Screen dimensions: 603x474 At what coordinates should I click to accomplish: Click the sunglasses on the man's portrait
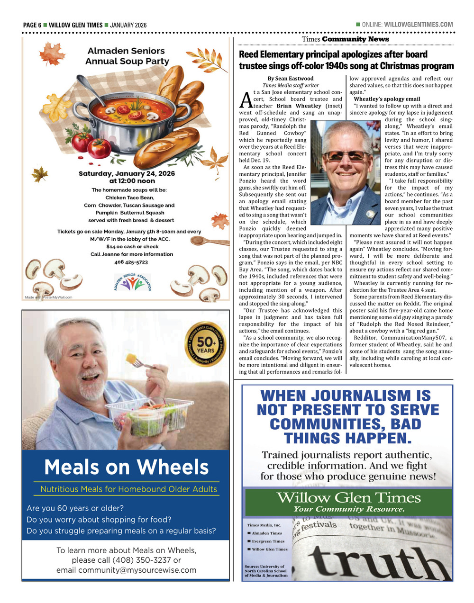click(x=346, y=155)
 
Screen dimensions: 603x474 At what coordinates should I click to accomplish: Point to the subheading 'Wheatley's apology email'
click(x=387, y=99)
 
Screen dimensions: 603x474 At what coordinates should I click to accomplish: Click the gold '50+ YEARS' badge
click(x=206, y=344)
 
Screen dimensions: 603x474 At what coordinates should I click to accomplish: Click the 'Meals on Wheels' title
click(x=126, y=468)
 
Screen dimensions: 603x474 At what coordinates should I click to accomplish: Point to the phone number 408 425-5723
click(x=131, y=262)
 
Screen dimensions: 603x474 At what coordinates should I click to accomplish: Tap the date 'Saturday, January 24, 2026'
click(x=127, y=174)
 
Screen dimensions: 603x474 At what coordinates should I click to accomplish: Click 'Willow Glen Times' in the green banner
click(x=348, y=498)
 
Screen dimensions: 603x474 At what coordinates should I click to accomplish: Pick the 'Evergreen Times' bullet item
click(x=267, y=541)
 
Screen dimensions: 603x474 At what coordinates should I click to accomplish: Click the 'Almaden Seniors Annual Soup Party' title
click(x=127, y=56)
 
